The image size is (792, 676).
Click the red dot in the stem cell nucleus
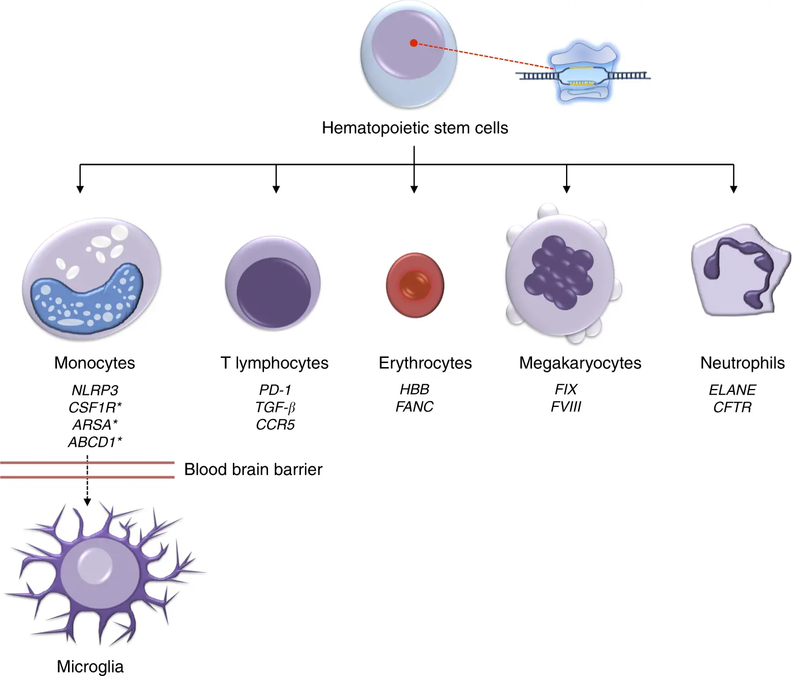click(413, 43)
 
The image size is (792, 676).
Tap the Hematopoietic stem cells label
click(414, 128)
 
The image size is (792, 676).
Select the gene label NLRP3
click(95, 390)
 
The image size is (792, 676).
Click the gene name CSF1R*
click(95, 407)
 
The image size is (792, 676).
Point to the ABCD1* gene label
click(95, 442)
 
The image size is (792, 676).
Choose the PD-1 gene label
click(275, 390)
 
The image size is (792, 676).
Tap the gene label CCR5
click(275, 425)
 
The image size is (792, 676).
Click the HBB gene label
click(414, 390)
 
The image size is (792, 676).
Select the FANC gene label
click(414, 407)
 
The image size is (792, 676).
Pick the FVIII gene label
click(566, 407)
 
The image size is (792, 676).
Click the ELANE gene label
click(732, 390)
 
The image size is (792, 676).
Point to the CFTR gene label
click(732, 407)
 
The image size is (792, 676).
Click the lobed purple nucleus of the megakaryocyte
click(558, 271)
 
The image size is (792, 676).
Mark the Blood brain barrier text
click(253, 470)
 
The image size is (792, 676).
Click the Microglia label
click(90, 667)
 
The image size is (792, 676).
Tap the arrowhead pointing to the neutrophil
click(733, 188)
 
